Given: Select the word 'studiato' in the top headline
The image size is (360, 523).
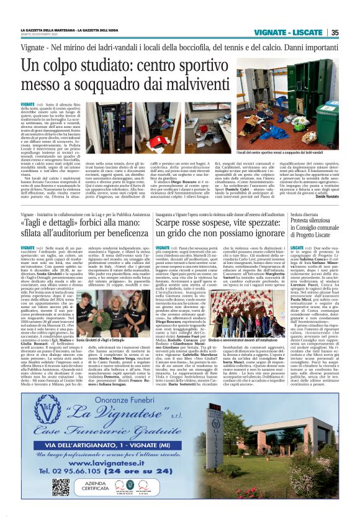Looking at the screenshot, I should click(x=120, y=65).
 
